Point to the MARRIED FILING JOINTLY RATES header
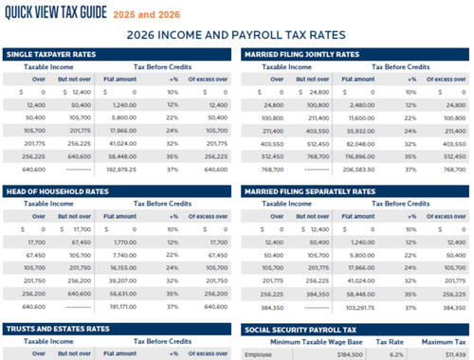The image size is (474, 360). point(301,54)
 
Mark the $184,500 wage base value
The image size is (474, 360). point(348,354)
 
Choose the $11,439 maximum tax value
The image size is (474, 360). point(449,354)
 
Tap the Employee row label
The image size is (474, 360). point(258,354)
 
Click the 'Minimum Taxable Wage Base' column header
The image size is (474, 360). point(319,341)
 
